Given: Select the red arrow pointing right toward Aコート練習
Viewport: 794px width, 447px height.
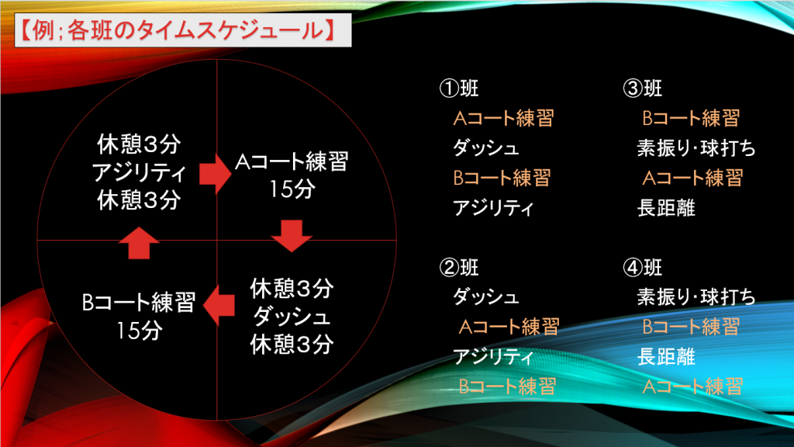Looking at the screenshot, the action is click(x=216, y=174).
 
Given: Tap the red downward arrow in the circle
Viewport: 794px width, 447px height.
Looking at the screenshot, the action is click(x=292, y=236).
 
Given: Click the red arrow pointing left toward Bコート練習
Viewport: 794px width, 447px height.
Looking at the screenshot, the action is click(x=219, y=305).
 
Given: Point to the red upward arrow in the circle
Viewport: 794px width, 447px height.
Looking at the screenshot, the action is click(x=139, y=243).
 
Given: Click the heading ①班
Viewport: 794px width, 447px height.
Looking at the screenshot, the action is click(x=459, y=88).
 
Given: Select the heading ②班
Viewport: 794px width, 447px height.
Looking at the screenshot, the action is click(x=459, y=268).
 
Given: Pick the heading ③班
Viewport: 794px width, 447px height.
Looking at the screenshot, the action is click(x=643, y=88).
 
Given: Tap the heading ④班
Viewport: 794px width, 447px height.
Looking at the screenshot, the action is click(x=643, y=268).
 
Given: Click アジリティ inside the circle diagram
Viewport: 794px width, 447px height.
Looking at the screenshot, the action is click(x=140, y=173).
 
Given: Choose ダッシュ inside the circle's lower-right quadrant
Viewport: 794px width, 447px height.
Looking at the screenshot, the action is click(x=292, y=317).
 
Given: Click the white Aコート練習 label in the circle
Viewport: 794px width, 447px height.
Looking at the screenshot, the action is click(x=292, y=162).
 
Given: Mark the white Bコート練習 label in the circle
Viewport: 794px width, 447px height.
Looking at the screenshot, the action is click(x=139, y=303).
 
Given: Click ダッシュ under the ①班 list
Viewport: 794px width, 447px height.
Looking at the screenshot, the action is click(x=485, y=148).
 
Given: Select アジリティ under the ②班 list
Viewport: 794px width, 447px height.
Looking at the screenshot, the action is click(x=493, y=357).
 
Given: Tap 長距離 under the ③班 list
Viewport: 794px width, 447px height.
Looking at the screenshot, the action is click(x=666, y=208).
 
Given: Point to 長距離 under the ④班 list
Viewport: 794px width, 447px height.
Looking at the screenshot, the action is click(x=666, y=357).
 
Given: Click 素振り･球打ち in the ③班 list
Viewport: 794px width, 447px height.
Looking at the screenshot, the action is click(x=696, y=148).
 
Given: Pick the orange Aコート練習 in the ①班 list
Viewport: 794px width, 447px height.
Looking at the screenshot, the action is click(x=503, y=118).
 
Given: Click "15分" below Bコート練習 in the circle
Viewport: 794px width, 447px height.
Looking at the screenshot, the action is click(x=140, y=331).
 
